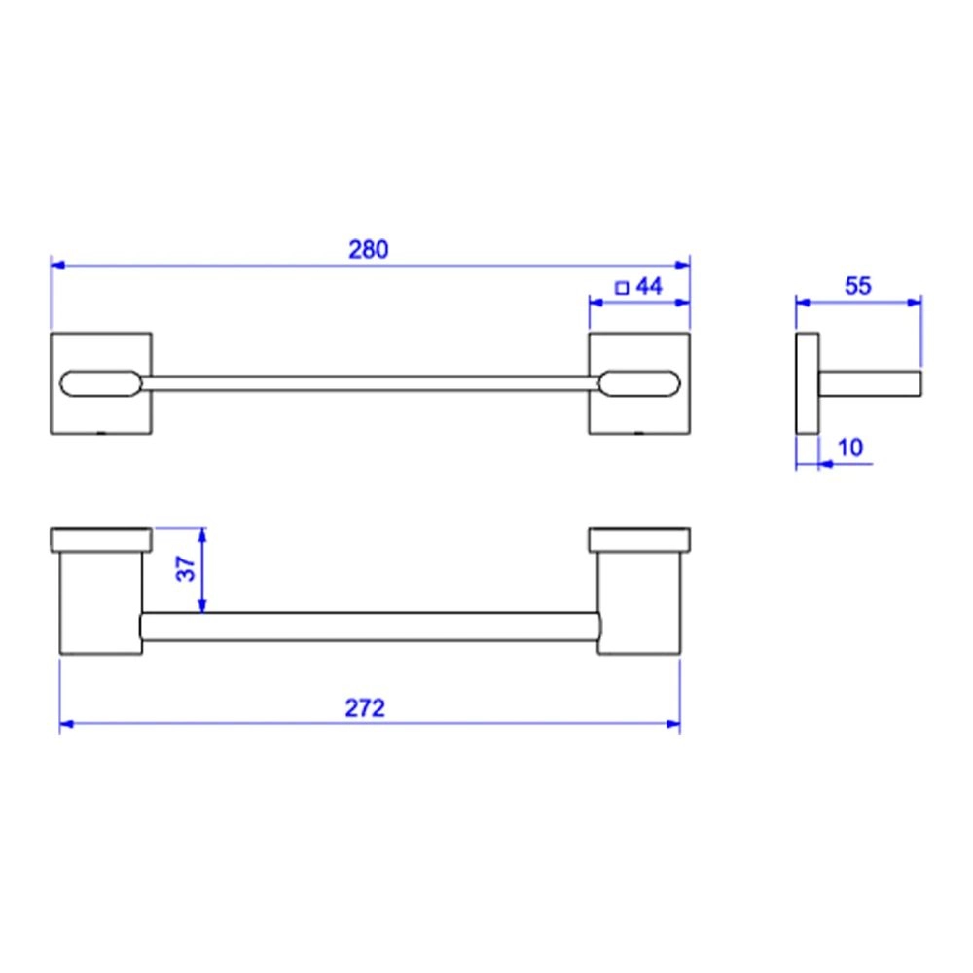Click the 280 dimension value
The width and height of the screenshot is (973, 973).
[369, 249]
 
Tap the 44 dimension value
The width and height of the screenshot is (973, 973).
[649, 286]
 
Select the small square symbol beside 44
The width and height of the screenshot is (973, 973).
[622, 288]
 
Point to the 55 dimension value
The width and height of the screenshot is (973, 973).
[858, 286]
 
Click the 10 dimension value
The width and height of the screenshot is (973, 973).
[850, 448]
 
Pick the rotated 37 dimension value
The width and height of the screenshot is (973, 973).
[186, 568]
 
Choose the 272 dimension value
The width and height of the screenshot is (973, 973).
[365, 708]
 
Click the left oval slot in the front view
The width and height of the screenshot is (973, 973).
[100, 383]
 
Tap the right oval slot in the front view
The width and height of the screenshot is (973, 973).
[640, 383]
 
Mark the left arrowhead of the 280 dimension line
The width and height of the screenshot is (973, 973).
[57, 265]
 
